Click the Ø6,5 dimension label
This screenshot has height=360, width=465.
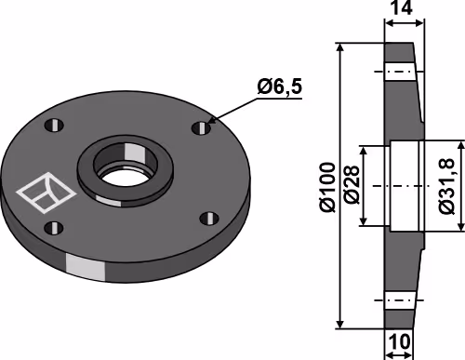coord(279,87)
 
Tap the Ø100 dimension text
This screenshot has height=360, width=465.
coord(328,187)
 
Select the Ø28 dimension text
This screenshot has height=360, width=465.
coord(352,185)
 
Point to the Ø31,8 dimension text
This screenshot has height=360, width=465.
coord(446,186)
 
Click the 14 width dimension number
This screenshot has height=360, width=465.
coord(402,8)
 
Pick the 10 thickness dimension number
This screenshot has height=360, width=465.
coord(399,341)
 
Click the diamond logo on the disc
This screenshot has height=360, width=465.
coord(46,193)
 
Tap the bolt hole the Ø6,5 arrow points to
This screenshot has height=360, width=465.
coord(201,127)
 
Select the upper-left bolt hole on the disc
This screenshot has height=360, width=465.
coord(54,126)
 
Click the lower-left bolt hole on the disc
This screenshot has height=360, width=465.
coord(54,228)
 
